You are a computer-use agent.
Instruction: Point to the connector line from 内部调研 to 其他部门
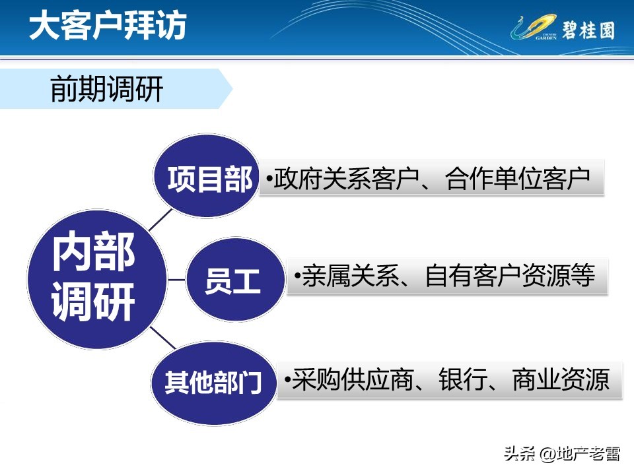coord(163,337)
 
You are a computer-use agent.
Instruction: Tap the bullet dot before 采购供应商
coord(287,381)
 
